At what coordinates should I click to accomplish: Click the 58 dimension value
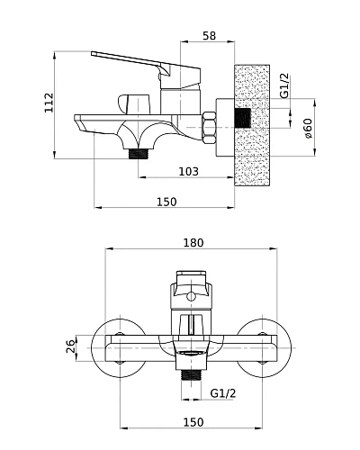point(209,35)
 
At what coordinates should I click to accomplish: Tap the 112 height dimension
point(49,103)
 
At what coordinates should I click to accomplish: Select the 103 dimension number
point(189,172)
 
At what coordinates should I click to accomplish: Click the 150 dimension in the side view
point(166,202)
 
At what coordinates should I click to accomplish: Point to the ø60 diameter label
point(308,128)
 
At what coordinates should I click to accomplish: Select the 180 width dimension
point(193,242)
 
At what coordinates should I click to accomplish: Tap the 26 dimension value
point(70,346)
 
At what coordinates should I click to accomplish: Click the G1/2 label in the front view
point(223,393)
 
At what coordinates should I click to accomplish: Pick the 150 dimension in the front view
point(193,422)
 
